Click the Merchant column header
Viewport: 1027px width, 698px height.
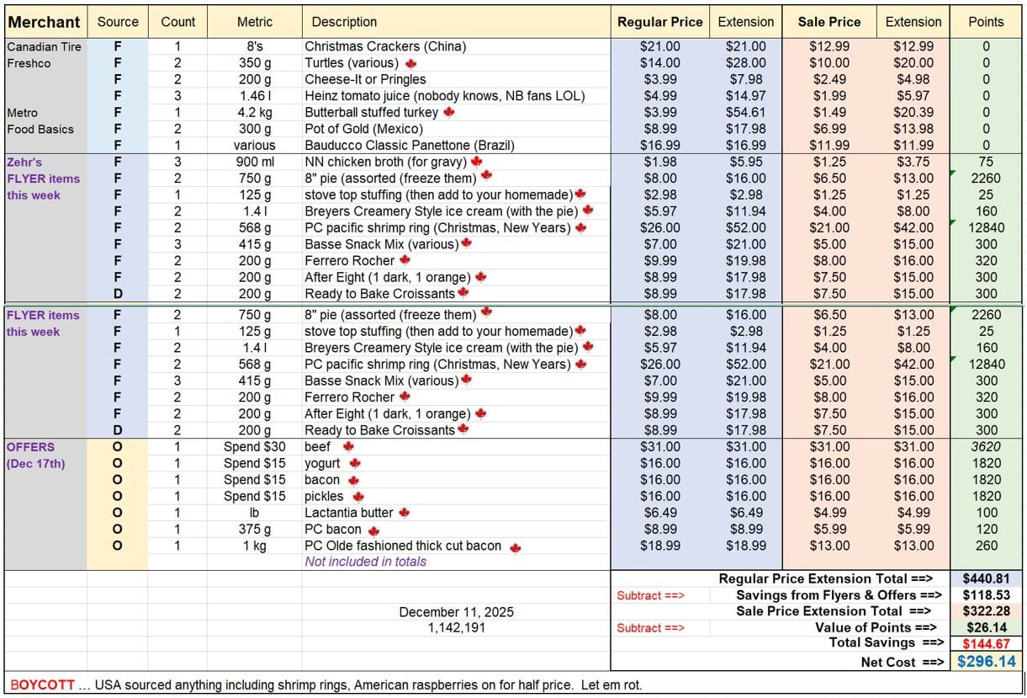tap(45, 22)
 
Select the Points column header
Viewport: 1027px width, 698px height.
tap(986, 22)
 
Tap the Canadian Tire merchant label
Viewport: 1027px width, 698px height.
tap(45, 46)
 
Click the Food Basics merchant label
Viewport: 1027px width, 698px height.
tap(40, 129)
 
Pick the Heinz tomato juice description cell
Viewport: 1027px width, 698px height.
tap(445, 96)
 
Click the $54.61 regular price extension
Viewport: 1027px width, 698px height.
tap(745, 113)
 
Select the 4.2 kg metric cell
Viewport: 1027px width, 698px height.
tap(254, 113)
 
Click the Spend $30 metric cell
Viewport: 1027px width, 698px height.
tap(254, 446)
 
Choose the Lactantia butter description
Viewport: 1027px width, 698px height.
tap(349, 513)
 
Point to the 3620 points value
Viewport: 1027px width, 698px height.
tap(986, 446)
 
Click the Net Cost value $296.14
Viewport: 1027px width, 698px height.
tap(986, 662)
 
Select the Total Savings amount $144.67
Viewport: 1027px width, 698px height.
tap(986, 644)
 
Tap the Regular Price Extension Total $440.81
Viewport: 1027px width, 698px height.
tap(986, 578)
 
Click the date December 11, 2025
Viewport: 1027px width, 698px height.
tap(456, 612)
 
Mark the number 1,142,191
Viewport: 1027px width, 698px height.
tap(456, 627)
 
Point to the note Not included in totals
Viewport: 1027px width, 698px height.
tap(365, 562)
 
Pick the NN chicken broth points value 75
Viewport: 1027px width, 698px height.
tap(986, 162)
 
